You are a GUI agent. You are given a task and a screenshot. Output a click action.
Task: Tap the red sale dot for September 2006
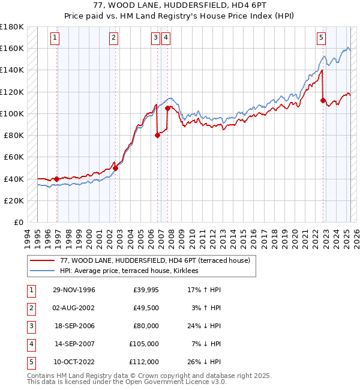(x=157, y=135)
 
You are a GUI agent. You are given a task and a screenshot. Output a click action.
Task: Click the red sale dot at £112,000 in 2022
(x=323, y=100)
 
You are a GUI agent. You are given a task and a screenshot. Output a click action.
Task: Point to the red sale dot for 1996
(x=57, y=179)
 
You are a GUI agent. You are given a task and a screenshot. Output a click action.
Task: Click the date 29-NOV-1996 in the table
(x=74, y=290)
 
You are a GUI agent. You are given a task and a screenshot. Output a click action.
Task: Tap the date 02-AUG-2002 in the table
(x=74, y=308)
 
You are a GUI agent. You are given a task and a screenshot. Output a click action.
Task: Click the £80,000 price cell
(x=145, y=326)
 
